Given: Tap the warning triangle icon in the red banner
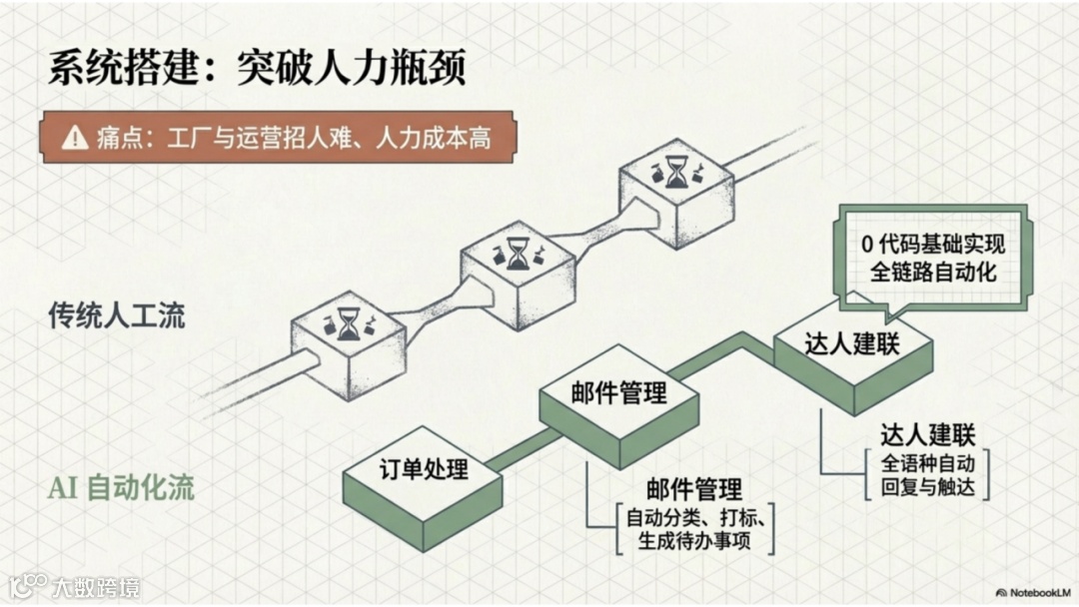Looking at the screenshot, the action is (x=74, y=138).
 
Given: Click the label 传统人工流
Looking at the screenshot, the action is (x=117, y=315).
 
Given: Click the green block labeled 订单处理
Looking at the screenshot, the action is (x=424, y=468).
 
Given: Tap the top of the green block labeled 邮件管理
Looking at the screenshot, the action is (x=618, y=392).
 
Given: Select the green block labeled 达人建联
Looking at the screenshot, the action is (x=852, y=344).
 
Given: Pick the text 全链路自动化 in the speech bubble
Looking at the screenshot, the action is (x=932, y=272).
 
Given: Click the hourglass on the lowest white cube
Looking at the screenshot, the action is (x=347, y=323).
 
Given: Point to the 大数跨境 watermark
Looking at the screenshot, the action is (x=96, y=586).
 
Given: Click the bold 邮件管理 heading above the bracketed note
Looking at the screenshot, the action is (x=694, y=490).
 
